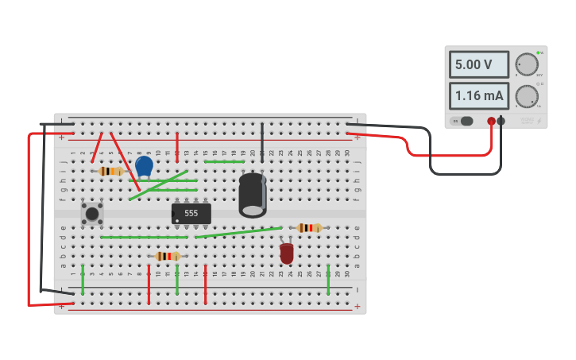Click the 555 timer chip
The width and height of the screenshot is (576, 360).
point(191,214)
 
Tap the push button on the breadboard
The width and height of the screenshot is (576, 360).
point(92,213)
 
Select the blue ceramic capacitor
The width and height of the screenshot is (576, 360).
point(144,166)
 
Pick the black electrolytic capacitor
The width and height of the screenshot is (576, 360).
point(253,195)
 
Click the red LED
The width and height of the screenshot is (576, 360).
point(287,253)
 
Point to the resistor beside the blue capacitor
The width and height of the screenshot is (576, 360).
point(110,171)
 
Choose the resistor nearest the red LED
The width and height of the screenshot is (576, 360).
point(308,228)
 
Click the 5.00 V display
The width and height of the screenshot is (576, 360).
point(478,64)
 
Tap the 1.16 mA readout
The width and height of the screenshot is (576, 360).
point(478,96)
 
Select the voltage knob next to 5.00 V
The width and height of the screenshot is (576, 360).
point(526,64)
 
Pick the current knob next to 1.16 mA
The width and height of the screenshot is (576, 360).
point(526,96)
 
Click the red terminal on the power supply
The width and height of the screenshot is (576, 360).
point(492,121)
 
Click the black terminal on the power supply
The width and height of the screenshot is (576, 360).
point(501,121)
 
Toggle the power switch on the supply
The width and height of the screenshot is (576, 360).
point(465,121)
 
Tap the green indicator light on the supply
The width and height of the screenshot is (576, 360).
point(538,52)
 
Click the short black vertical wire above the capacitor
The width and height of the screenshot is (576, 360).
point(262,141)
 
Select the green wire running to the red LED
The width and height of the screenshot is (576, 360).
point(238,232)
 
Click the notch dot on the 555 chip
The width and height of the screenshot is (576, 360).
point(177,220)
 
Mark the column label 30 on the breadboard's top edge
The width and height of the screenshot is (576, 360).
point(347,153)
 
